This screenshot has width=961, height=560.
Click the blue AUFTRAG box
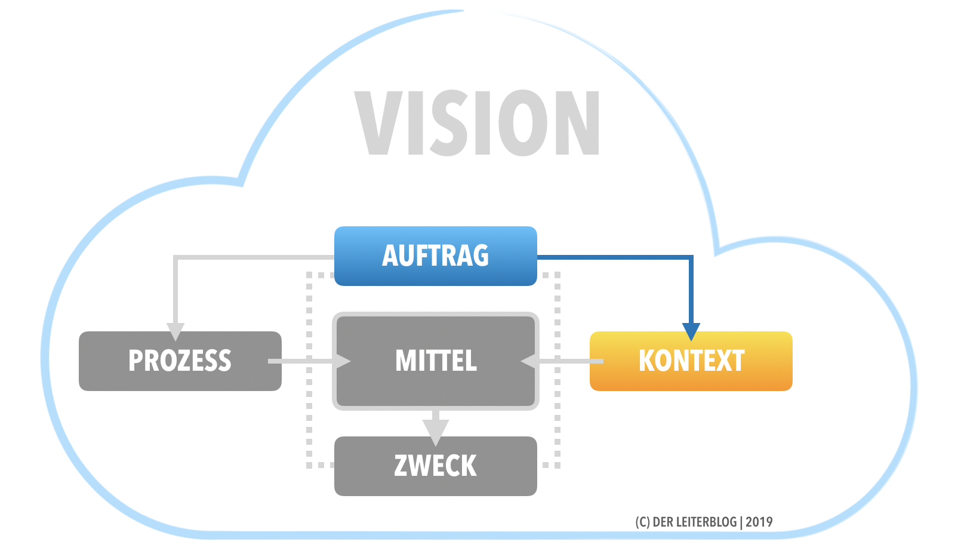pyautogui.click(x=435, y=256)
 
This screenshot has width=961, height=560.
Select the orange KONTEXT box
pyautogui.click(x=691, y=361)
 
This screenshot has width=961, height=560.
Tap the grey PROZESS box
pyautogui.click(x=180, y=361)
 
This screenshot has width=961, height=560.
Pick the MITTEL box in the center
pyautogui.click(x=436, y=361)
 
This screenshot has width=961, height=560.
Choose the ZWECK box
pyautogui.click(x=435, y=466)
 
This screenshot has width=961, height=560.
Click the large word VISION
pyautogui.click(x=478, y=123)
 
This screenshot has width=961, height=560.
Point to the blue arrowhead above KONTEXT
pyautogui.click(x=691, y=331)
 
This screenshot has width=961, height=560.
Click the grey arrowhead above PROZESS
pyautogui.click(x=175, y=331)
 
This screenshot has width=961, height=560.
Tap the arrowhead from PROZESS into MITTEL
pyautogui.click(x=343, y=361)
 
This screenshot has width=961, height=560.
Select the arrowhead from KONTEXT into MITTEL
pyautogui.click(x=529, y=361)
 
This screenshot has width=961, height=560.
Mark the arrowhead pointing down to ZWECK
pyautogui.click(x=435, y=431)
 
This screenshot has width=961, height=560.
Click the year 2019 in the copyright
pyautogui.click(x=759, y=522)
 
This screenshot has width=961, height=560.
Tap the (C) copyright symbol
pyautogui.click(x=642, y=522)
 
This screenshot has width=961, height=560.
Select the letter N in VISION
pyautogui.click(x=577, y=123)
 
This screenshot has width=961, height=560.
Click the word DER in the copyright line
pyautogui.click(x=663, y=522)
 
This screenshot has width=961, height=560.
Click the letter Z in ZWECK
pyautogui.click(x=401, y=466)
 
